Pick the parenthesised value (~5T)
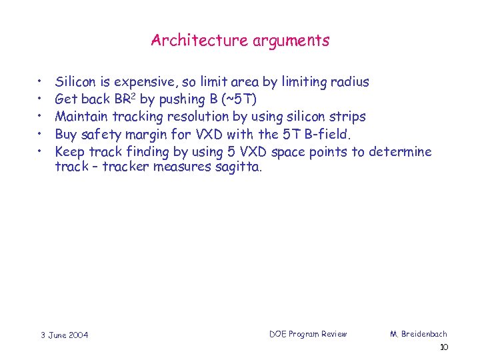pos(237,100)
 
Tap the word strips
pos(347,117)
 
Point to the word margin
pos(153,134)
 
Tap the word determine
pos(400,151)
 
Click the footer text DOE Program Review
pos(308,334)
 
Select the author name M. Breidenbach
pos(419,334)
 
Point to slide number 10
pos(444,347)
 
